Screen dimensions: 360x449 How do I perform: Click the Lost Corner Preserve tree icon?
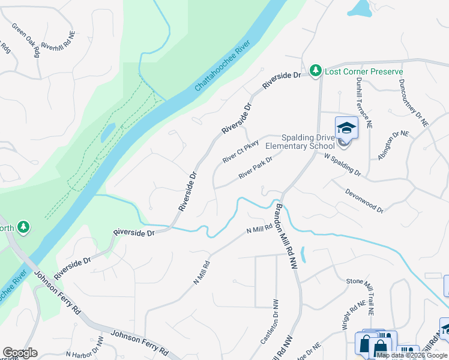pos(316,71)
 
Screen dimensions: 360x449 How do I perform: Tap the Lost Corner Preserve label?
pos(364,71)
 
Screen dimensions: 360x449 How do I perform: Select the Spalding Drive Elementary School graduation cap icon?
pos(346,128)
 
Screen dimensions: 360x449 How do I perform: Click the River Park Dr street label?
pos(255,167)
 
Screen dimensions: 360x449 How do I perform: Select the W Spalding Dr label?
pos(342,164)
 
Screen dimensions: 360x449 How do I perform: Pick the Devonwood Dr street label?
pos(364,200)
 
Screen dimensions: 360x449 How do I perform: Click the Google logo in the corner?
pos(20,353)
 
